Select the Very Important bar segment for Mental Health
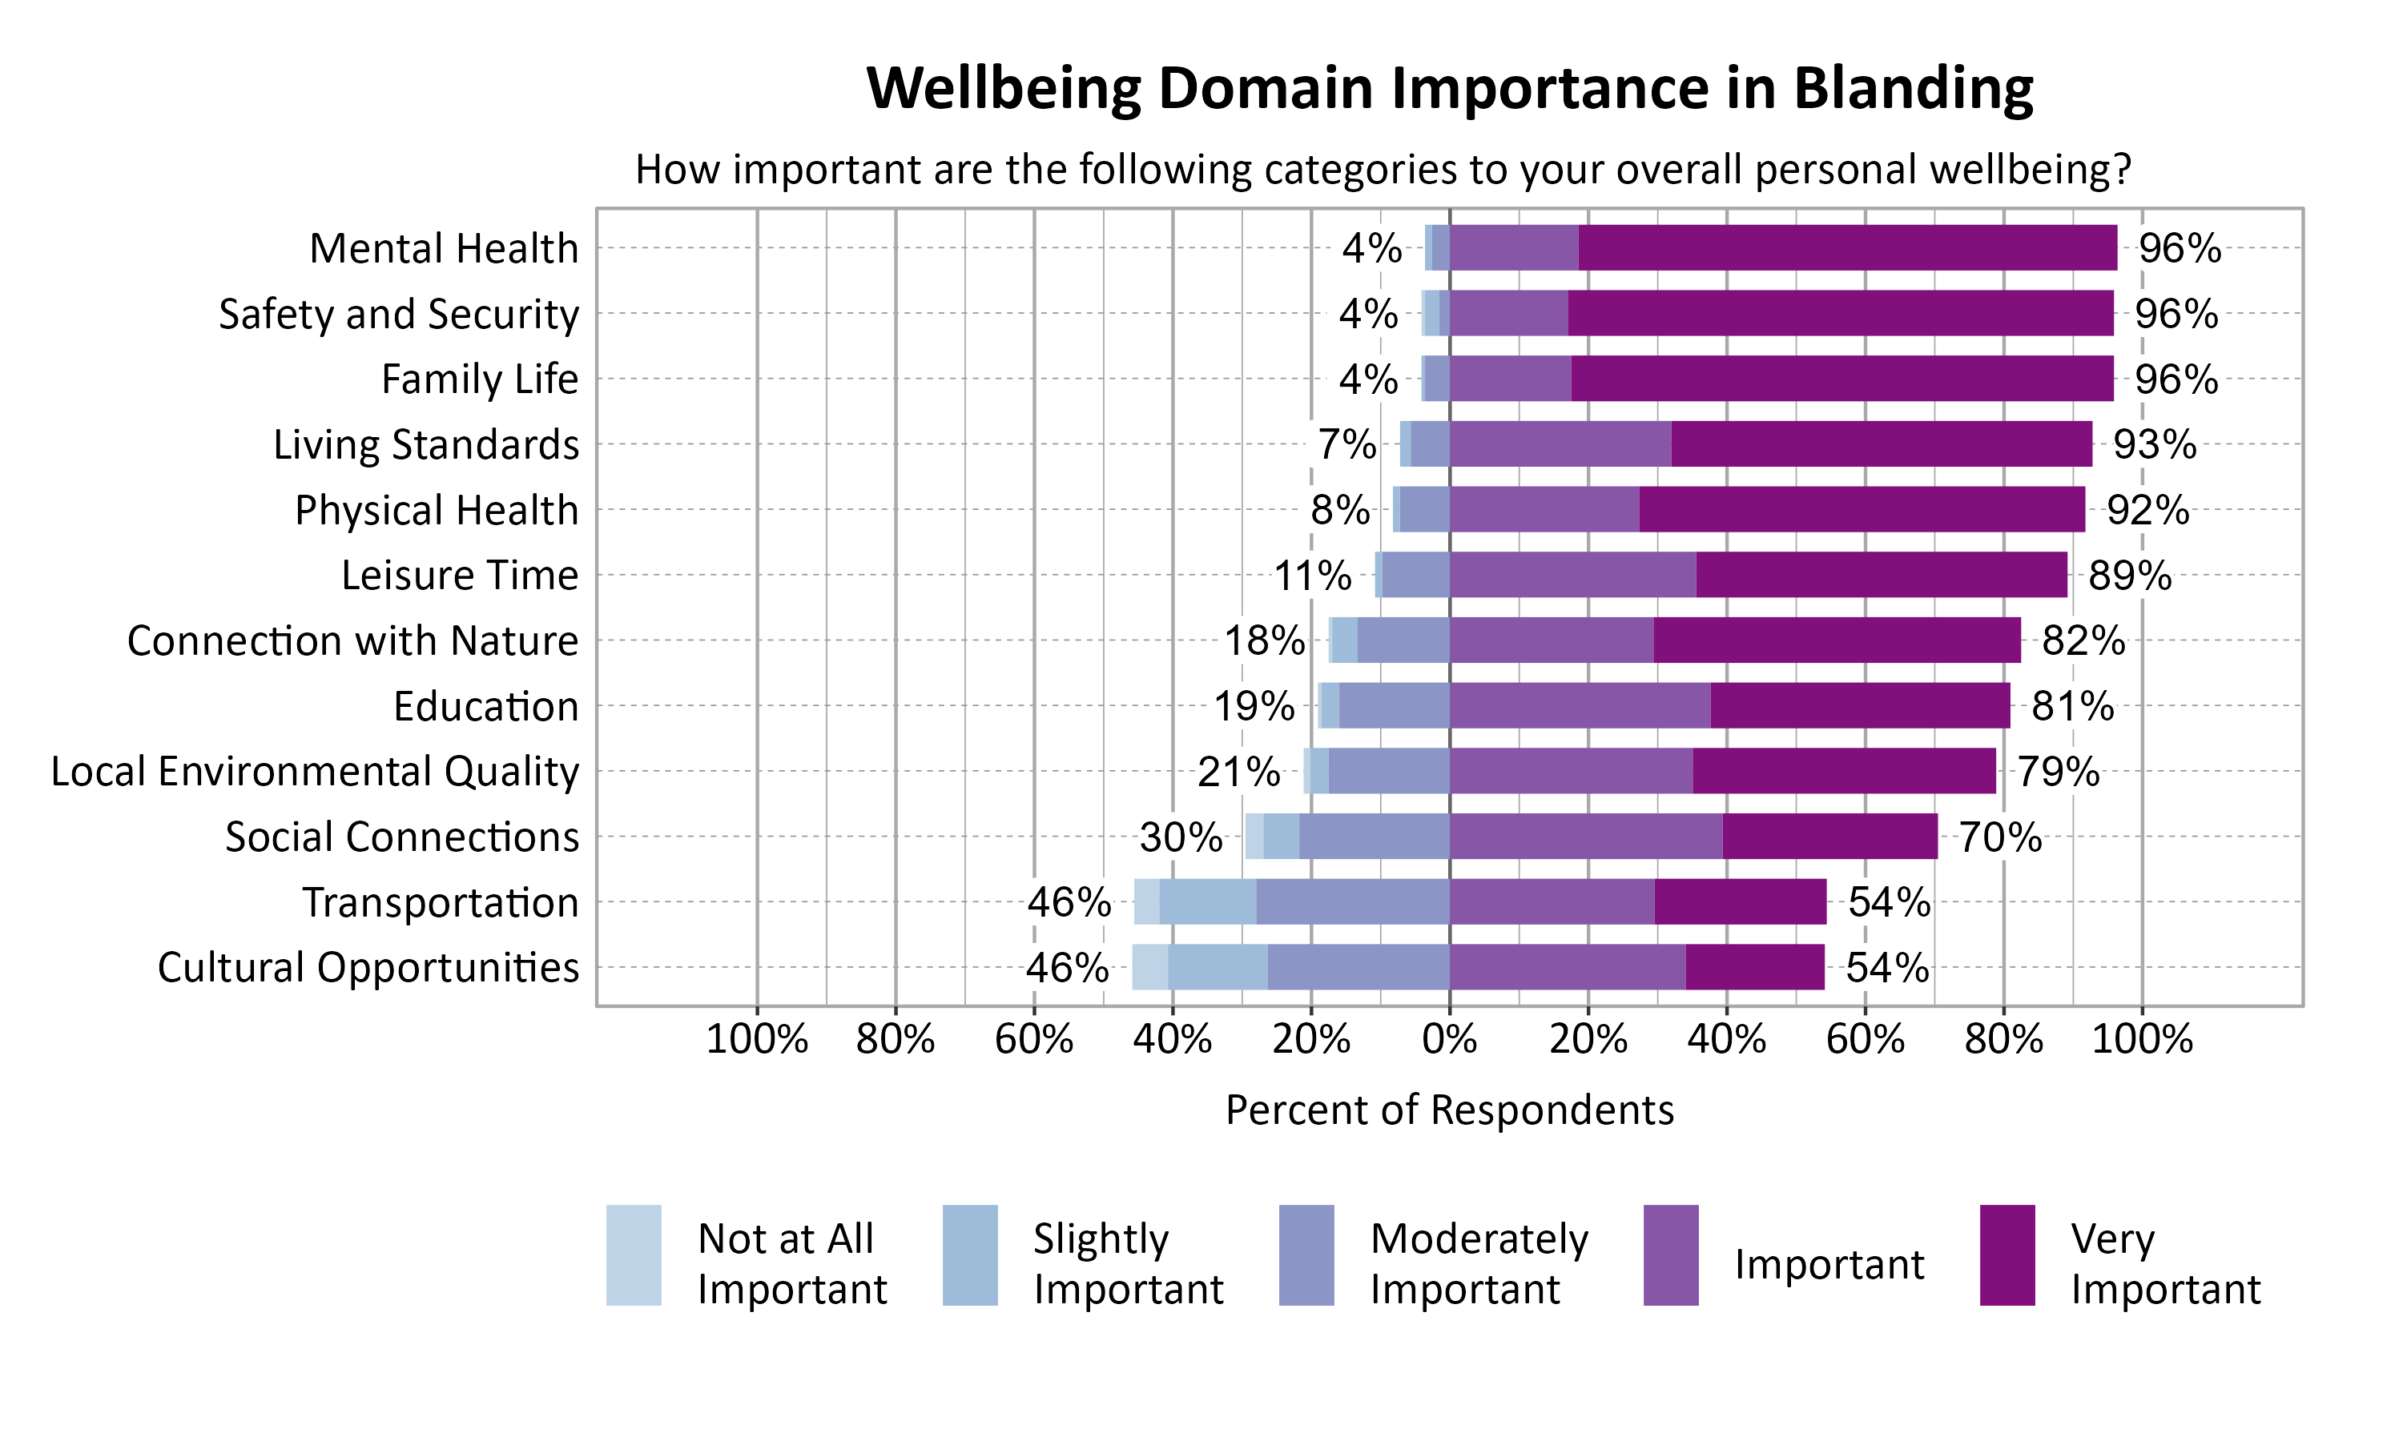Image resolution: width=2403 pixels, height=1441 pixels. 1846,247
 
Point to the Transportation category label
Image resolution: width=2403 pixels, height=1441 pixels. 440,902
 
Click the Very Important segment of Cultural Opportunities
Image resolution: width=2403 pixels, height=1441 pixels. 1754,967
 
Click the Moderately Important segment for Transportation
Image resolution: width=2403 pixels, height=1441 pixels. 1352,902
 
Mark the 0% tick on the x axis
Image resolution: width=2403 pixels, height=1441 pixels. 1448,1040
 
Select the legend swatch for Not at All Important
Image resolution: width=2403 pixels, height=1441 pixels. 634,1254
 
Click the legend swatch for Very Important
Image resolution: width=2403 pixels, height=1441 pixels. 2007,1254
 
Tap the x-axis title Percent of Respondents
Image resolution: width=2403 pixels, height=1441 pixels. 1448,1110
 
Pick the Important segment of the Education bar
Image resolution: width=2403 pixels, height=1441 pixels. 1580,706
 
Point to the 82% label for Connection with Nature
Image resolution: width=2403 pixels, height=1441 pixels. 2083,641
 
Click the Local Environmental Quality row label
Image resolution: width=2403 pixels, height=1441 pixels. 315,772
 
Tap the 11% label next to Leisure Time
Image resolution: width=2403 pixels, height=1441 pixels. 1312,576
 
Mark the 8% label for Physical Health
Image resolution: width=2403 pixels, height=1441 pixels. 1339,510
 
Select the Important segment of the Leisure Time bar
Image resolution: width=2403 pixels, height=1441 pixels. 1572,575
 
